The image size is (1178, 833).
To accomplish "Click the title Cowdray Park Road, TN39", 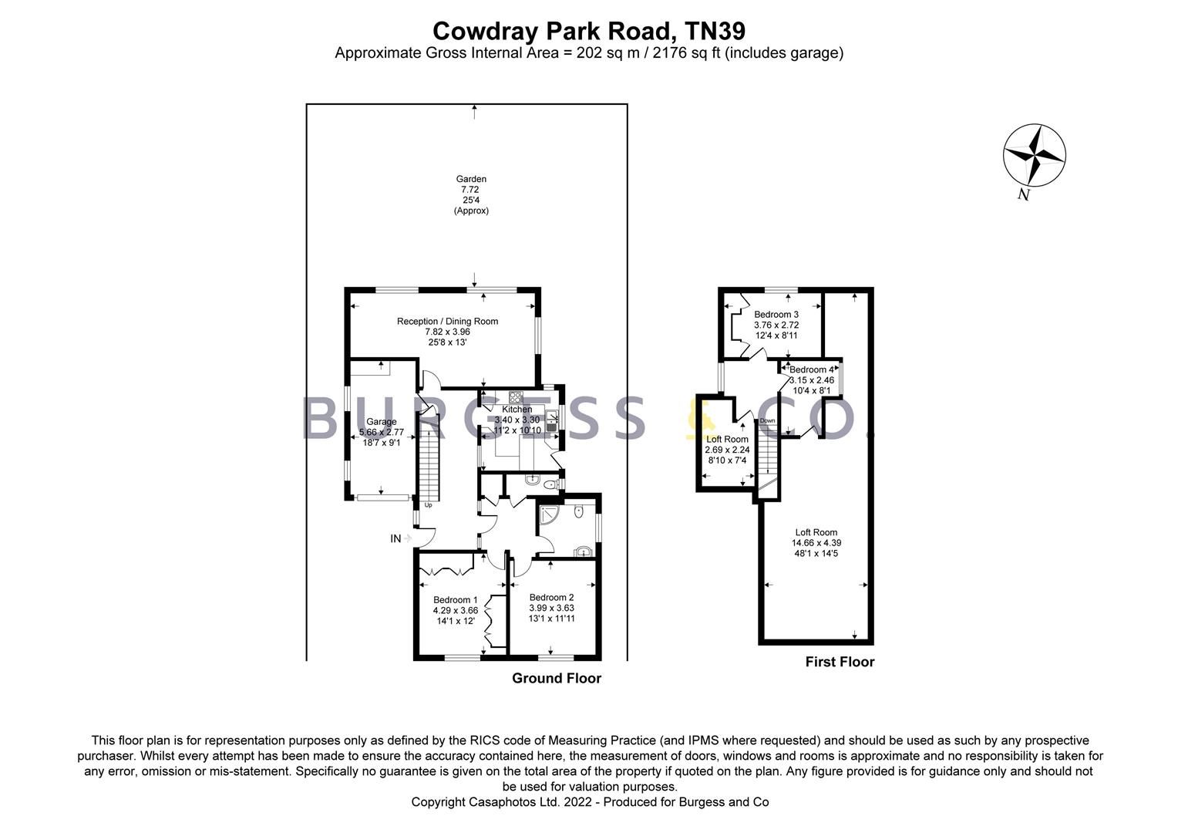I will (588, 31).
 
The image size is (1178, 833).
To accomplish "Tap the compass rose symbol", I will (1034, 154).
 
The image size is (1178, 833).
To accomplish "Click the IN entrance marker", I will (396, 538).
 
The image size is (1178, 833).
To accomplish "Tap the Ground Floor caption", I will (557, 678).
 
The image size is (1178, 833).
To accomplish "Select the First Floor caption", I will (840, 662).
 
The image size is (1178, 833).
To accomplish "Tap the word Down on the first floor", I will (767, 420).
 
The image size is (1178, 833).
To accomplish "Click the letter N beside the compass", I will (1023, 194).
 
